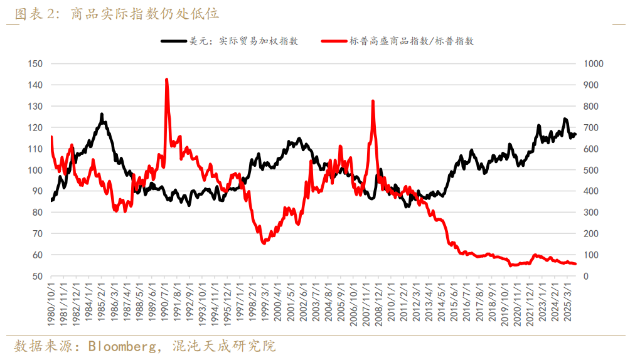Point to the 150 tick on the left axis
coord(35,63)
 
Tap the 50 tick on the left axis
coord(37,276)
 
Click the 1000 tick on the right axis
coord(594,63)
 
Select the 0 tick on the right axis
coord(586,276)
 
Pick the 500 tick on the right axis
coord(591,170)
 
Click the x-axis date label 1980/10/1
coord(51,305)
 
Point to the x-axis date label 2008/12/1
coord(374,305)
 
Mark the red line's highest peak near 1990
coord(166,80)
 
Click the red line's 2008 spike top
coord(373,101)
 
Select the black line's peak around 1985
coord(102,114)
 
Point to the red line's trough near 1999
coord(264,243)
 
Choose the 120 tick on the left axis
coord(35,127)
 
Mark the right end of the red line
coord(575,264)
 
